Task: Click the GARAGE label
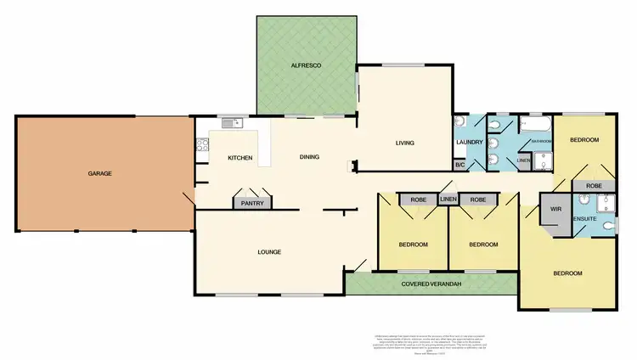pos(99,173)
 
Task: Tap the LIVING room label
pos(404,143)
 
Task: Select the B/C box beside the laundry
pos(459,165)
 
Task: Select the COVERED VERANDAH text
pos(431,283)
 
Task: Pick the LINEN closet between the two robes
pos(448,200)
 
